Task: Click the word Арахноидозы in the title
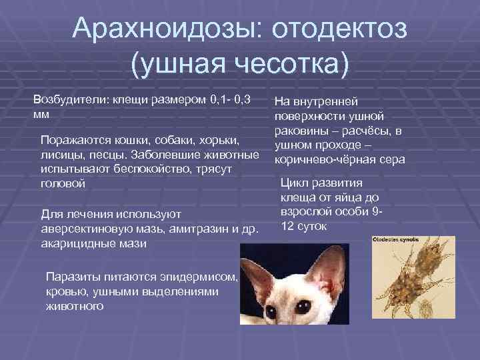154,29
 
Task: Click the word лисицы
58,155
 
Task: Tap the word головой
63,183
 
